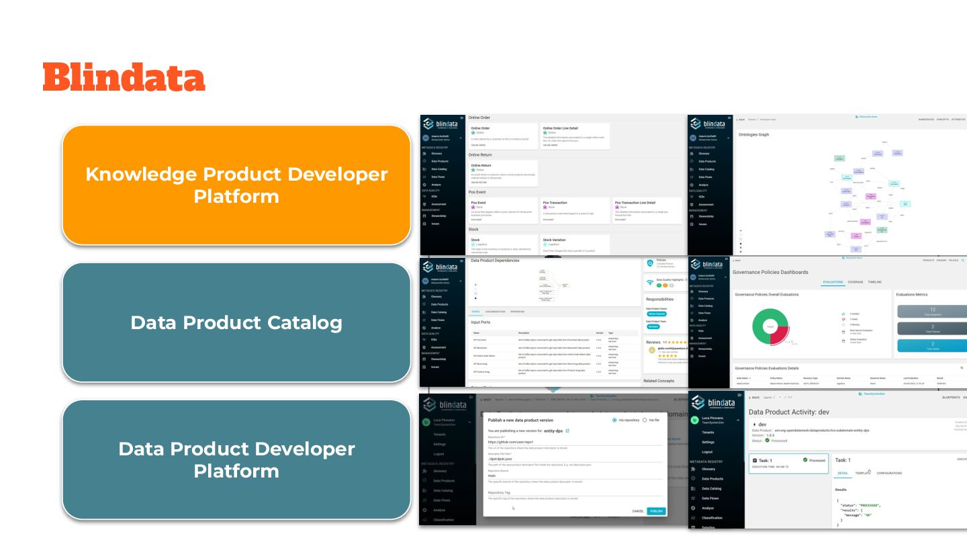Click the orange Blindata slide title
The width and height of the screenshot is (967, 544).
click(124, 77)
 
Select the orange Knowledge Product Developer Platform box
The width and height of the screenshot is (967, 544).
click(236, 185)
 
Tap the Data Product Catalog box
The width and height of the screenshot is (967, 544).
click(236, 322)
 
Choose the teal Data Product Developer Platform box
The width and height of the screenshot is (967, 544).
click(236, 460)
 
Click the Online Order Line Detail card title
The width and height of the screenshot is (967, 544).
click(560, 128)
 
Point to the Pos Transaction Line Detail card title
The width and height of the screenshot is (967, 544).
click(638, 202)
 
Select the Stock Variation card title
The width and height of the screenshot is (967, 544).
click(554, 240)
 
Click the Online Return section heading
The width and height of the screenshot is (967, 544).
click(480, 155)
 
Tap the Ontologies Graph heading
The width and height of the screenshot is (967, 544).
click(753, 134)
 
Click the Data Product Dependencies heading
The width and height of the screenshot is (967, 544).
click(495, 261)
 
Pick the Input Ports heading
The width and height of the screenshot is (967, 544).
click(480, 322)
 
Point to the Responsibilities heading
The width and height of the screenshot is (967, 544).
click(659, 300)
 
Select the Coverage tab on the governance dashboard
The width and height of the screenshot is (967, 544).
click(856, 282)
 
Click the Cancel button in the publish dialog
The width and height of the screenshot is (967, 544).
click(638, 511)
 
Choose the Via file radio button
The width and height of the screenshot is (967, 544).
click(645, 420)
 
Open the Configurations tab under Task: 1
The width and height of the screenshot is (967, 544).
click(889, 473)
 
